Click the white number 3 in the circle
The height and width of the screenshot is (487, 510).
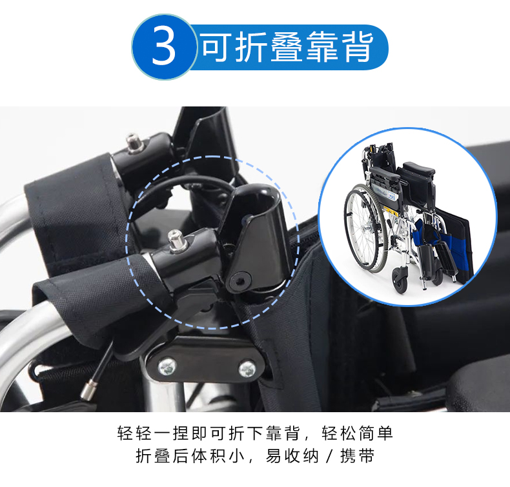pos(163,46)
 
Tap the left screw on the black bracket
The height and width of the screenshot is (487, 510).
pos(167,367)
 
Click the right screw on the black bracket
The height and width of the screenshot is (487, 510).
pos(247,369)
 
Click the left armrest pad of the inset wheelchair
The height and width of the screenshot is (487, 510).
pos(385,174)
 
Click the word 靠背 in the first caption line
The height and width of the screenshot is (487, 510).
pos(283,433)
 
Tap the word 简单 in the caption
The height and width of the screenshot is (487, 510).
pos(376,433)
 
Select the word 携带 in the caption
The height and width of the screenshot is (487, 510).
pos(358,456)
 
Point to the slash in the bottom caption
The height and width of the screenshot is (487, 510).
pos(329,456)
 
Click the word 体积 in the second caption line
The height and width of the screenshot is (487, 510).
pos(209,456)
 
